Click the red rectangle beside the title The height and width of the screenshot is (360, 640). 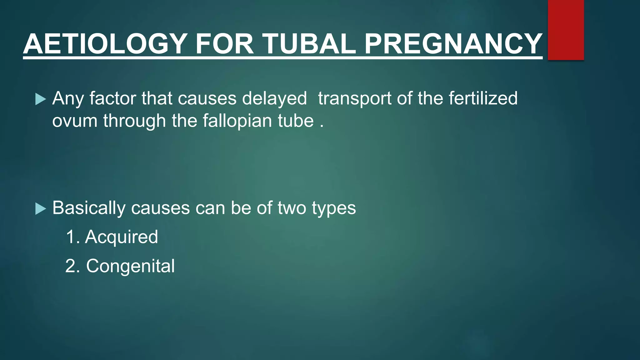566,30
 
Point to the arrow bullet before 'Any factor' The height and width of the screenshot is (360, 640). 41,99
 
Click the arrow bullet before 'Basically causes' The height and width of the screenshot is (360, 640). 41,209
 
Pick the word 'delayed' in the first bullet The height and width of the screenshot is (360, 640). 274,98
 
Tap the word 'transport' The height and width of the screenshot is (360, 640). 354,98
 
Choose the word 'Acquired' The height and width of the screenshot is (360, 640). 122,237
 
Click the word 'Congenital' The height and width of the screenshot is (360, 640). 130,266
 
